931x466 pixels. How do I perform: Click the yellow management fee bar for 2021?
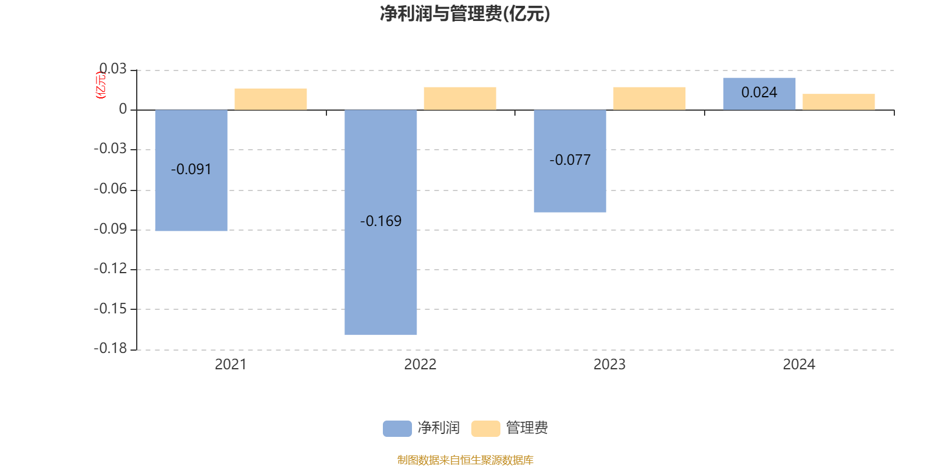[x=271, y=99]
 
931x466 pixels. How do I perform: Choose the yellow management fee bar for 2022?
[x=460, y=98]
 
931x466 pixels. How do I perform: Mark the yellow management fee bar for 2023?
[x=649, y=98]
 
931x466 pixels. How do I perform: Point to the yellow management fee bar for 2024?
[x=838, y=102]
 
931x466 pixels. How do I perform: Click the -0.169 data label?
[x=381, y=221]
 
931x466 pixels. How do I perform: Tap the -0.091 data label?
[x=191, y=170]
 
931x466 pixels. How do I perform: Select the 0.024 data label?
[x=759, y=93]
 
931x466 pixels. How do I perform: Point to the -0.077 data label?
[x=570, y=160]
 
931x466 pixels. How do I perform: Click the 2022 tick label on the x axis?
[x=420, y=365]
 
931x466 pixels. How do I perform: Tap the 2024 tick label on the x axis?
[x=799, y=365]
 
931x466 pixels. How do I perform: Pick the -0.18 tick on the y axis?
[x=111, y=348]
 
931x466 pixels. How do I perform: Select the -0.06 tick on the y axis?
[x=111, y=189]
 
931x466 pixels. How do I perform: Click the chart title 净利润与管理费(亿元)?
[x=465, y=14]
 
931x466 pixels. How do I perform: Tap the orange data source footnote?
[x=465, y=460]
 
